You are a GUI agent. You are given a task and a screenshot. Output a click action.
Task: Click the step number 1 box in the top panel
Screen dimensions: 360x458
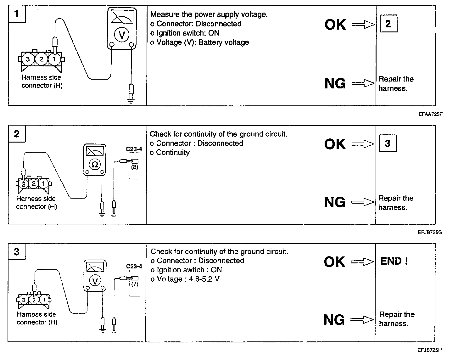pos(17,14)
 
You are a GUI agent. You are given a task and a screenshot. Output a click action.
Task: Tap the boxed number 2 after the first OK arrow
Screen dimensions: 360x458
pos(388,24)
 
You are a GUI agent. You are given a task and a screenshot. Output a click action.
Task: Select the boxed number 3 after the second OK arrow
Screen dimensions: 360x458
pos(388,143)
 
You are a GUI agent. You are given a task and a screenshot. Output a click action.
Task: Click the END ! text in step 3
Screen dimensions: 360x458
pos(394,261)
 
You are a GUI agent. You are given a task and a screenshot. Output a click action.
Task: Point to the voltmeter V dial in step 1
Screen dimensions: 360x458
pos(122,35)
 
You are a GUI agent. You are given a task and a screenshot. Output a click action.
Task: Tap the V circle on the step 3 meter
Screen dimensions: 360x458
pos(95,281)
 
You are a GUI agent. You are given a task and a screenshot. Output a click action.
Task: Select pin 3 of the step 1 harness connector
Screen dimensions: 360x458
pos(28,59)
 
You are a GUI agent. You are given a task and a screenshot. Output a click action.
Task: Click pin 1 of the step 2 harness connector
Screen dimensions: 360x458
pos(43,183)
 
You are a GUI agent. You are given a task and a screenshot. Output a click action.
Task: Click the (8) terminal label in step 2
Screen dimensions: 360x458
pos(135,167)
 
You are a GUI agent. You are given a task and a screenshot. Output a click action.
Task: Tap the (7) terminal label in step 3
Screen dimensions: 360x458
pos(135,284)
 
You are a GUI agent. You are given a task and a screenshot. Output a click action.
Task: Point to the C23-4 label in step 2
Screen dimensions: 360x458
pos(134,149)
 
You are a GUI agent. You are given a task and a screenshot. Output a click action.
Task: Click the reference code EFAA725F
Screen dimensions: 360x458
pos(430,114)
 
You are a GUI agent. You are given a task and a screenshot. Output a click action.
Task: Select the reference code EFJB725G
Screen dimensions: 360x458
pos(430,233)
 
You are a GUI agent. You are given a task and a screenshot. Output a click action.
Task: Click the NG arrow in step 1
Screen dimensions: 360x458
pos(363,83)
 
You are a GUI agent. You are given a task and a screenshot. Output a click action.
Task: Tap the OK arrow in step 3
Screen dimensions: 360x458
pos(362,262)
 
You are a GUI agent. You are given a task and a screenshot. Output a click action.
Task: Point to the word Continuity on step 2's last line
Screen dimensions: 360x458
pos(173,153)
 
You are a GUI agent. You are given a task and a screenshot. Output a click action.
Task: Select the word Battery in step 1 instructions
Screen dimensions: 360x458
pos(211,42)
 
